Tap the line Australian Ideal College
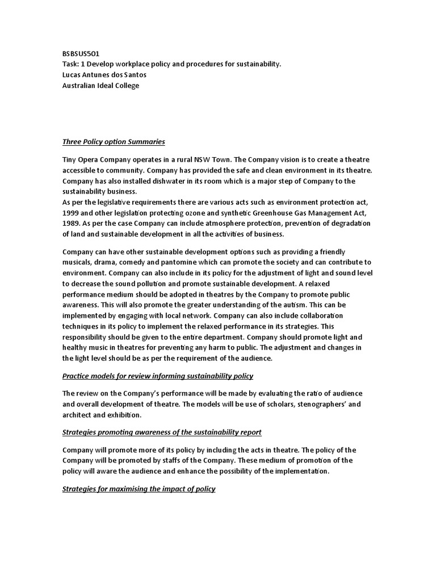click(x=100, y=86)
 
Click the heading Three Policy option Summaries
click(x=114, y=141)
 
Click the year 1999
click(x=72, y=213)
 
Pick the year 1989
click(x=72, y=224)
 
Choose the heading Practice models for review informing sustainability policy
click(x=158, y=376)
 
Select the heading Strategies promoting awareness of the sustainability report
click(x=162, y=432)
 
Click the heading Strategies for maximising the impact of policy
click(x=139, y=489)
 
